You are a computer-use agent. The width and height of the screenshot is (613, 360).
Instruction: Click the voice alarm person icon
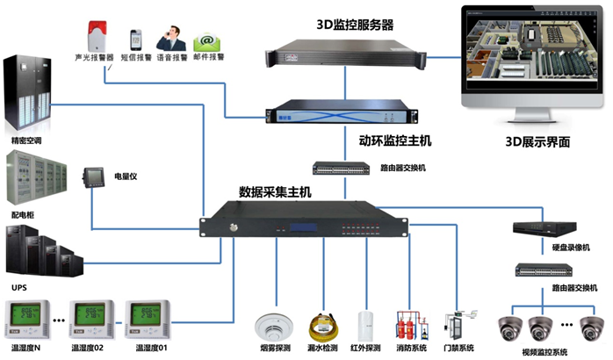[x=170, y=38]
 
